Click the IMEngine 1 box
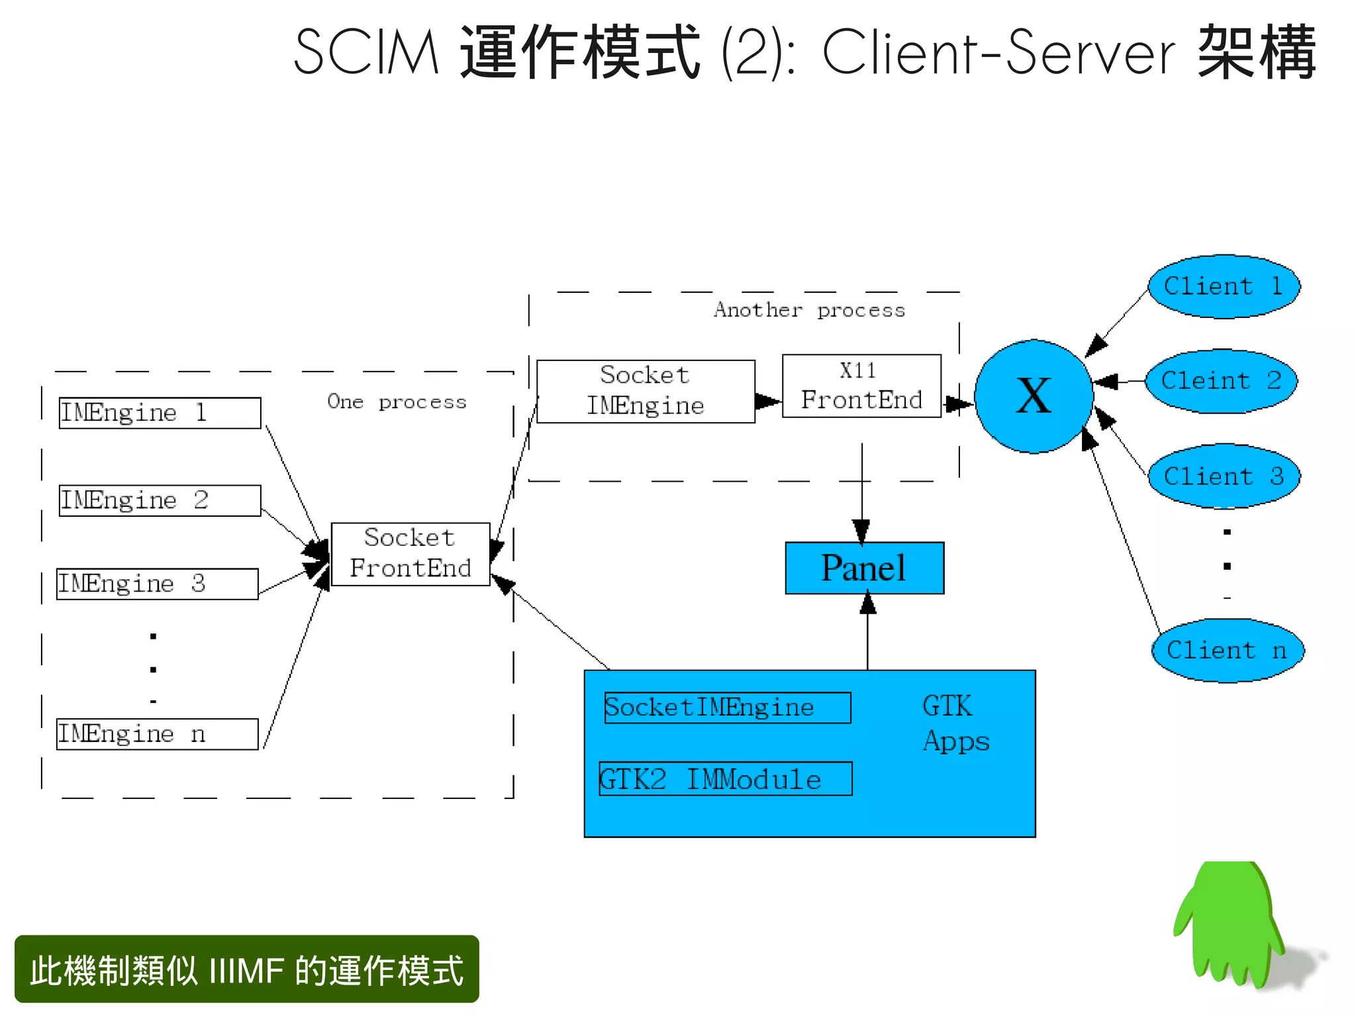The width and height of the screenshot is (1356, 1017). (160, 413)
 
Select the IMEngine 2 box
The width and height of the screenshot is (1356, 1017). (160, 500)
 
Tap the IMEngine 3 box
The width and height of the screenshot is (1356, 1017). (158, 584)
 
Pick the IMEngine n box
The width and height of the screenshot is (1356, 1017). (158, 734)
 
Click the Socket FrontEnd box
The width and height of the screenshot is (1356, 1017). (411, 554)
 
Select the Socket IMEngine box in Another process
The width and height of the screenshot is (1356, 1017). (646, 391)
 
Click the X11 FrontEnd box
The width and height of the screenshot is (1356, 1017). (861, 386)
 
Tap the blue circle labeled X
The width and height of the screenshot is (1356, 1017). (1034, 396)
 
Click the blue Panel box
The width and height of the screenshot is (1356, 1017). (864, 568)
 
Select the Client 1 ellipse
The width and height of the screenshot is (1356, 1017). (1224, 286)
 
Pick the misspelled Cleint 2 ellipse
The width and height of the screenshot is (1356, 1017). (1221, 381)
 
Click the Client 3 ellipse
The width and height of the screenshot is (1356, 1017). (1224, 476)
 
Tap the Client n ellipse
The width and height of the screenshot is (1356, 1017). (1227, 650)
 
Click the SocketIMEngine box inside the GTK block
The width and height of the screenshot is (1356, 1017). (727, 708)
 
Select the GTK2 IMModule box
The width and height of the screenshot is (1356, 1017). (725, 778)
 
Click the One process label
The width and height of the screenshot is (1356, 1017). (397, 401)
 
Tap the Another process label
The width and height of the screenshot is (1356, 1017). (809, 309)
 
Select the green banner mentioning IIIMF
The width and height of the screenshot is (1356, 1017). (246, 969)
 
